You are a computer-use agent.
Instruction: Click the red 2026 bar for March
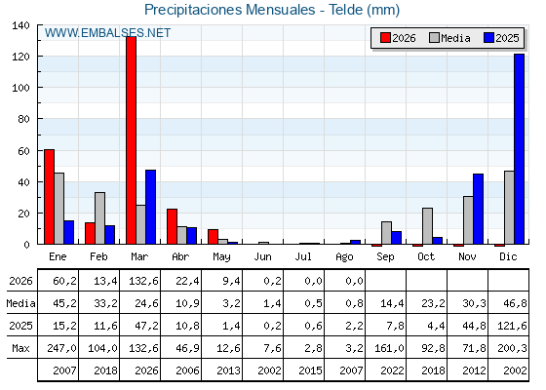(x=132, y=140)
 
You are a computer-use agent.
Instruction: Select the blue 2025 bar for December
(x=519, y=149)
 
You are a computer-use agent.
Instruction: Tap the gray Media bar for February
(x=99, y=218)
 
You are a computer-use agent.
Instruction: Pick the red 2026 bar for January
(x=49, y=197)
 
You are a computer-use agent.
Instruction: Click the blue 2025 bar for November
(x=478, y=209)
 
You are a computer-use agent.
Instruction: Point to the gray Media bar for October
(x=428, y=226)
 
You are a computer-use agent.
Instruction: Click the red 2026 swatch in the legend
(x=385, y=38)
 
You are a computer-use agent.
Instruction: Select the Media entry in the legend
(x=449, y=38)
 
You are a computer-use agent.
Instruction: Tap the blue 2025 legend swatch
(x=488, y=38)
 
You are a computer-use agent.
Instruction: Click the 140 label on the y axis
(x=20, y=25)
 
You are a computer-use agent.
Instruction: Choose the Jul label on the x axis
(x=303, y=257)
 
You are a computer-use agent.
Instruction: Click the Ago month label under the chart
(x=344, y=257)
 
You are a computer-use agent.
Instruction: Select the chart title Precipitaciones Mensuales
(x=230, y=10)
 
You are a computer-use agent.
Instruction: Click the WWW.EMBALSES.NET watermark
(x=107, y=33)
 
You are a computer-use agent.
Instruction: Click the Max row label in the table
(x=20, y=348)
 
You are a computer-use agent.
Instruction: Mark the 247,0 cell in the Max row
(x=62, y=348)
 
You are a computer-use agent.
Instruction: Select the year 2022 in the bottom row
(x=392, y=370)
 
